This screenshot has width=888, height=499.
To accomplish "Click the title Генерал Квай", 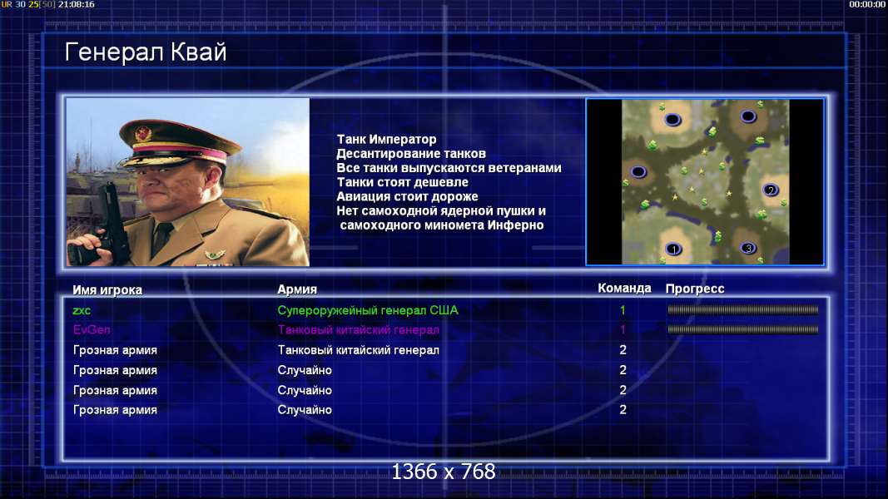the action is (x=146, y=52).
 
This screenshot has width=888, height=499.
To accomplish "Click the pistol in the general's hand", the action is (x=102, y=224).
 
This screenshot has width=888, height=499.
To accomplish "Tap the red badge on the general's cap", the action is (x=142, y=134).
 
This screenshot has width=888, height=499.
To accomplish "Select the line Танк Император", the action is (x=386, y=139).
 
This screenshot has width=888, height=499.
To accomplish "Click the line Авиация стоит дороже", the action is (x=407, y=196).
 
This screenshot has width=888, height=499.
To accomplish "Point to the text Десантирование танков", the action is (x=410, y=153).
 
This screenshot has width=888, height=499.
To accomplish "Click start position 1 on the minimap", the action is (x=674, y=249).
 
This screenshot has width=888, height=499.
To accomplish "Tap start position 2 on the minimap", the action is (x=770, y=190).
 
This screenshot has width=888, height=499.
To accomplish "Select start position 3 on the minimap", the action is (x=748, y=248).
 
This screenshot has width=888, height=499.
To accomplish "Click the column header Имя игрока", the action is (x=107, y=289).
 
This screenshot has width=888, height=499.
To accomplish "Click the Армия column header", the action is (x=297, y=289).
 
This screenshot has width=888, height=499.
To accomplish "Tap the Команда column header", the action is (x=624, y=288).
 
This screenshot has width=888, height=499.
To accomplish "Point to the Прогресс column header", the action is (x=695, y=289).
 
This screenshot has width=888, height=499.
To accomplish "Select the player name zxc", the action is (x=82, y=310).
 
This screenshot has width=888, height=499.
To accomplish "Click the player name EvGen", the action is (x=92, y=330).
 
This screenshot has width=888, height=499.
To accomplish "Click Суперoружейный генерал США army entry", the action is (x=368, y=310).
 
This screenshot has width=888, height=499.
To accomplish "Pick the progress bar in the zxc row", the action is (x=742, y=310).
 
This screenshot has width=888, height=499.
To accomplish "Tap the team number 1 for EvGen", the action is (x=623, y=329).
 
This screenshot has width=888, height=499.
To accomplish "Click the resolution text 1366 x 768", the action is (x=444, y=472).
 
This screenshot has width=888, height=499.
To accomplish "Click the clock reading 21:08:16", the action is (x=76, y=4).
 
